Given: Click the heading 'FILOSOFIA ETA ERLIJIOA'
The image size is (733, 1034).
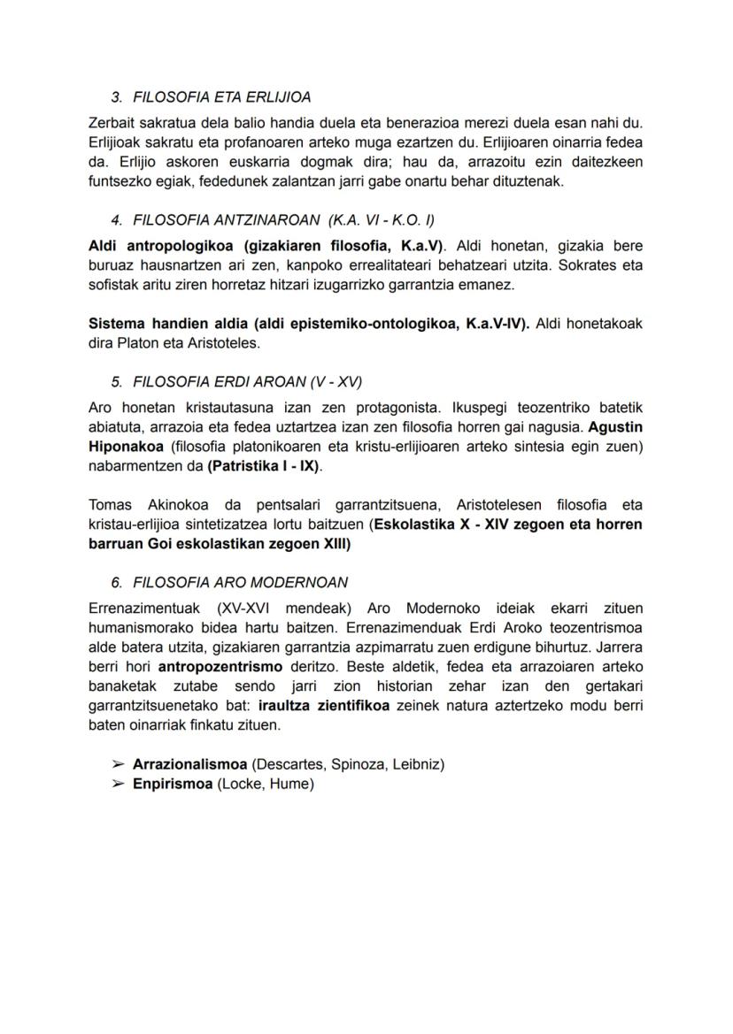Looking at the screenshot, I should [221, 97].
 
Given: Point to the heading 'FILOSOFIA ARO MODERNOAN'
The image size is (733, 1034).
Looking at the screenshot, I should [240, 582].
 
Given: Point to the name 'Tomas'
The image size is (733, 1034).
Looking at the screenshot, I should [110, 505].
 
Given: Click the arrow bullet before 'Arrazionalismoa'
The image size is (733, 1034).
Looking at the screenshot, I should [118, 764].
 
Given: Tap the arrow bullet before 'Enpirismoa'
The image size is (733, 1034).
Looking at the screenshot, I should [118, 784].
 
